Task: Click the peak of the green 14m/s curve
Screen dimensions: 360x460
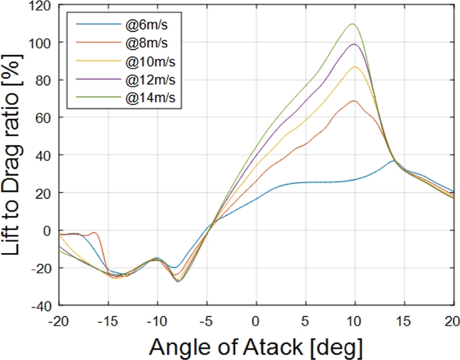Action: click(x=352, y=24)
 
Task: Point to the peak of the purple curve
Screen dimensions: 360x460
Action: click(x=354, y=44)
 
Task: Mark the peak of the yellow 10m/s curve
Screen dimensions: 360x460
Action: click(x=355, y=67)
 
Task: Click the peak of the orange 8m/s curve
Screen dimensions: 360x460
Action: click(x=354, y=101)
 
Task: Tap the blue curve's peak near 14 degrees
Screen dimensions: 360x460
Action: click(x=393, y=161)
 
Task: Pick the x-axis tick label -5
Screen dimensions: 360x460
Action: click(x=206, y=320)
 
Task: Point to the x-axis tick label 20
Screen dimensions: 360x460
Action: click(x=452, y=320)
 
